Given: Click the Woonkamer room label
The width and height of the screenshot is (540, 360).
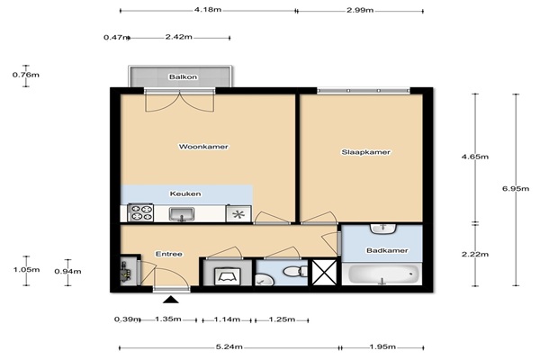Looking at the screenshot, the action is [x=203, y=147].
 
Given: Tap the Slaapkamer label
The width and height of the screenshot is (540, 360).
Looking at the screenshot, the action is [x=365, y=152].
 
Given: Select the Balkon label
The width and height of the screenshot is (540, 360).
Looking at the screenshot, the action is [x=183, y=76].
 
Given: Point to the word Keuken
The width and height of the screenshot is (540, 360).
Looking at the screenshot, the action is [x=185, y=193].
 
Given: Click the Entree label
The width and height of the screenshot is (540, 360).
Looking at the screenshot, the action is [x=169, y=254].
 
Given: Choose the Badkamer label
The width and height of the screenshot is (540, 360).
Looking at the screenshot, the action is [x=387, y=250].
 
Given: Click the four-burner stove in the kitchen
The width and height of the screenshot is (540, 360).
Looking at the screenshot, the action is [x=140, y=212].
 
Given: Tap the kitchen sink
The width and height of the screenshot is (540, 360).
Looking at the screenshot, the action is [x=182, y=214].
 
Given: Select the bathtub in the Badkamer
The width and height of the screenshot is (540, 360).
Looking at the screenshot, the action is [x=382, y=274].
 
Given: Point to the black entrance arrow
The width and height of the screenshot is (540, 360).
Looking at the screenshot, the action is [x=171, y=300].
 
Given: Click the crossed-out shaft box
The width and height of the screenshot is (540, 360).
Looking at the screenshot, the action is [x=324, y=273].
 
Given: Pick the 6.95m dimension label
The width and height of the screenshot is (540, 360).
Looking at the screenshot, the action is [x=516, y=188].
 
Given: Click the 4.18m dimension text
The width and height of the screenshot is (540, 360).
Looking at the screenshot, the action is [x=208, y=10].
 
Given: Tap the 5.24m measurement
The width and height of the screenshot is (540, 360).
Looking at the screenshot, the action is [x=229, y=346].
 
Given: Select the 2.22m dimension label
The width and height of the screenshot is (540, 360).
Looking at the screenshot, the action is [x=475, y=254].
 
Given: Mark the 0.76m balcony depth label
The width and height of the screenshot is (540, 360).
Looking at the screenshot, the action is [x=26, y=75].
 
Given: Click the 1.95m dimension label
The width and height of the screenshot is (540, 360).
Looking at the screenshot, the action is [x=382, y=346].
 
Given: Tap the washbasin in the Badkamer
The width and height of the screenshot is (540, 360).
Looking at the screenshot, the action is [x=383, y=229].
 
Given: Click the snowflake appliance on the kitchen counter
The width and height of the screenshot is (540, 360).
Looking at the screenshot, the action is [x=238, y=214].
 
